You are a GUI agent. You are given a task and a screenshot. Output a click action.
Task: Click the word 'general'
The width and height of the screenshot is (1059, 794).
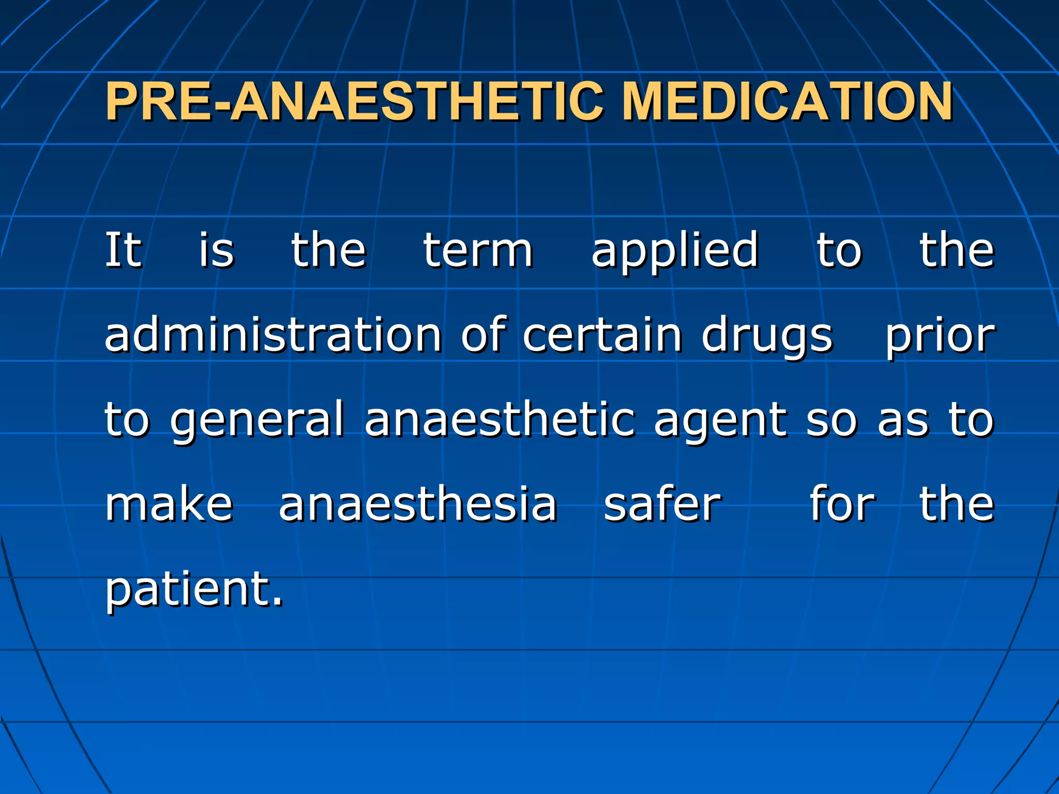(257, 421)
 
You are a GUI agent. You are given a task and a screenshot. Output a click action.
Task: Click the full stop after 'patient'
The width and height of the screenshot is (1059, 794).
(278, 602)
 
